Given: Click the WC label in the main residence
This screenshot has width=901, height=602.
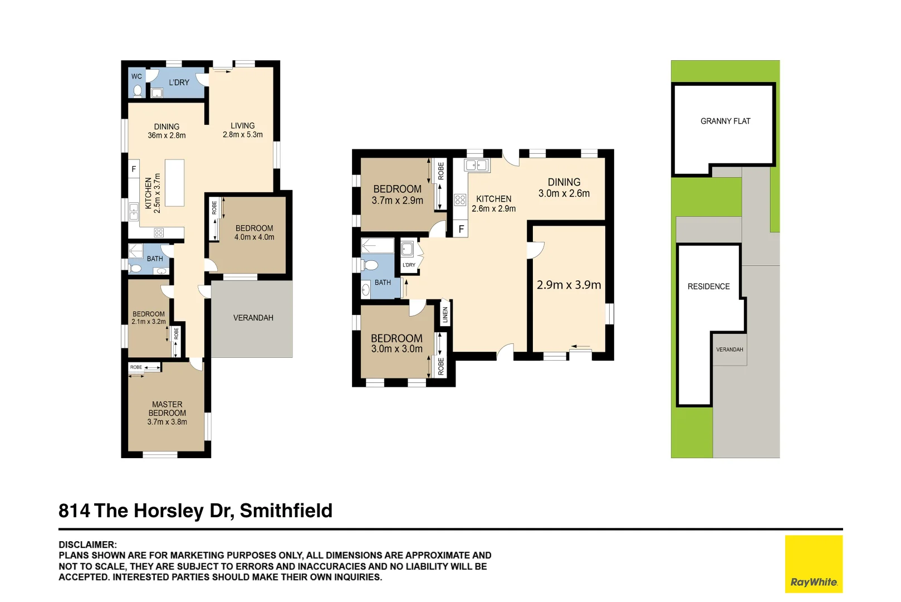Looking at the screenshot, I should [x=136, y=76].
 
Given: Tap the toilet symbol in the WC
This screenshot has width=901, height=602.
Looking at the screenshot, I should [x=138, y=90].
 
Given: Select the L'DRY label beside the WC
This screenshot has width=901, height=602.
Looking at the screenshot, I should [x=179, y=82].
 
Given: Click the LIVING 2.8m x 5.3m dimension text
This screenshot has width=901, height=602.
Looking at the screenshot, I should [x=243, y=135].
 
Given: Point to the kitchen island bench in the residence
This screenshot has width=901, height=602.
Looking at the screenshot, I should [x=174, y=183].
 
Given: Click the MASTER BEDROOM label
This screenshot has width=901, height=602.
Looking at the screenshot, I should [x=167, y=409].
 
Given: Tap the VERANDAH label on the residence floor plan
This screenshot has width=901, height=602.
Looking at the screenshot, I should [x=253, y=318].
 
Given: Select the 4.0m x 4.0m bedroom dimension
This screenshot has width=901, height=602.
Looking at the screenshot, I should [x=254, y=237].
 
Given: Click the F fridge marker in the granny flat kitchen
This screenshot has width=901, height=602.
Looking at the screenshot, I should [x=461, y=229].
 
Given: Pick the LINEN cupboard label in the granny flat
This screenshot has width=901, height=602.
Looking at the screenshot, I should [x=445, y=315].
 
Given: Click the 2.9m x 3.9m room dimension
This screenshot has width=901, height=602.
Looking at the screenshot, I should [x=569, y=285].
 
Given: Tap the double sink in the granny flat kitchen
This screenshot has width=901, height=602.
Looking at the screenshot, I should [x=476, y=165].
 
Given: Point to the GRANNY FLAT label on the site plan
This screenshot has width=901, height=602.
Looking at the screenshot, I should [x=725, y=121].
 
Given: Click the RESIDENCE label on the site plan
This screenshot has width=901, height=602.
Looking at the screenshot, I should [x=708, y=287].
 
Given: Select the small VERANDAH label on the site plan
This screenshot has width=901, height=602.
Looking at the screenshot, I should [x=729, y=349].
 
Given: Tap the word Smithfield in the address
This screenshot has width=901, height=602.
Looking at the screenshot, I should [x=286, y=511].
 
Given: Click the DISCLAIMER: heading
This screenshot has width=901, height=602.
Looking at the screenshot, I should [x=88, y=545].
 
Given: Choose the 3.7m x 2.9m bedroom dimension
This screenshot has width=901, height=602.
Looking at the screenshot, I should [x=398, y=201].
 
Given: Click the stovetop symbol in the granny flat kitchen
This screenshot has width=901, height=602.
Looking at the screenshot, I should [x=460, y=200].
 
